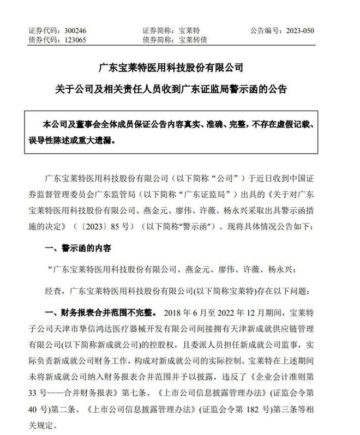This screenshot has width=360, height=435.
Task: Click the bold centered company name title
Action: [180, 68]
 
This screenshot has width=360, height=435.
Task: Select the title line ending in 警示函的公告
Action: [180, 88]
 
